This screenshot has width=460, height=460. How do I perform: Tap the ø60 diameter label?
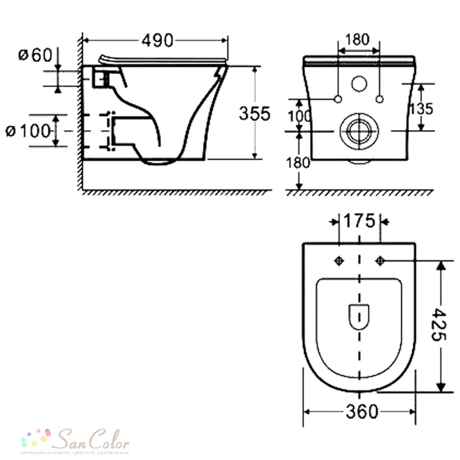click(x=35, y=55)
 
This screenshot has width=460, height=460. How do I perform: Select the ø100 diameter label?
click(x=28, y=131)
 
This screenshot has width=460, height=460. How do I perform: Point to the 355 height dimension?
click(x=254, y=114)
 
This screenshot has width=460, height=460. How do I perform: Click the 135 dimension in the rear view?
click(x=421, y=109)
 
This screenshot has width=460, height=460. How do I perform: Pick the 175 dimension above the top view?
click(x=359, y=221)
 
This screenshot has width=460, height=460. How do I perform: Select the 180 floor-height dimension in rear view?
click(x=298, y=163)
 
